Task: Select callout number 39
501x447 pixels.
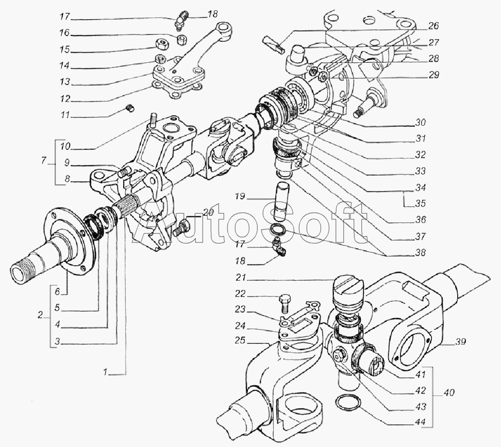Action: tap(461, 342)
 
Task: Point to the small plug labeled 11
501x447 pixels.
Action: tap(130, 108)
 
